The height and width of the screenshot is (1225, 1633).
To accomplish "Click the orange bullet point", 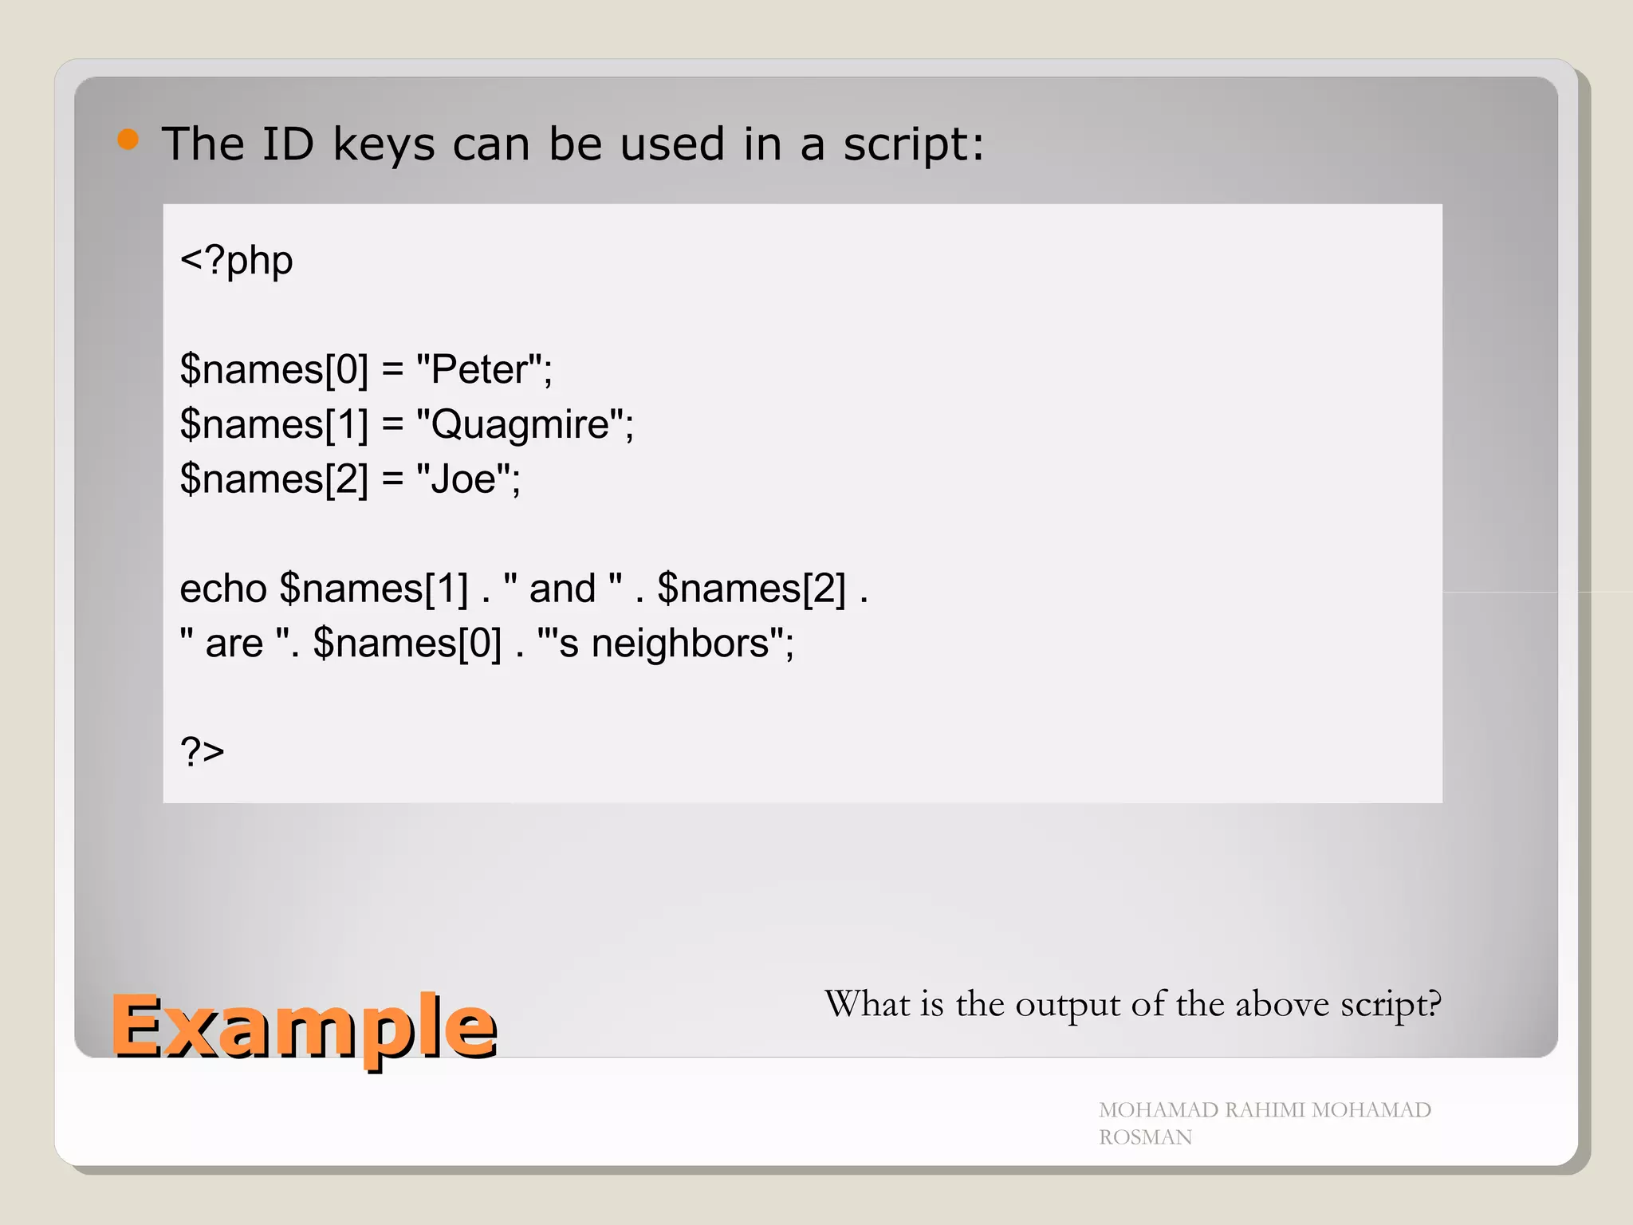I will pyautogui.click(x=128, y=140).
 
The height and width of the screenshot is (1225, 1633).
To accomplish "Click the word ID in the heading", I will pyautogui.click(x=288, y=144).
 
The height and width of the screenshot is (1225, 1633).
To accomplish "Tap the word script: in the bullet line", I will pyautogui.click(x=914, y=146).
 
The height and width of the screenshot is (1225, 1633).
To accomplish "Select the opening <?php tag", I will pyautogui.click(x=237, y=261).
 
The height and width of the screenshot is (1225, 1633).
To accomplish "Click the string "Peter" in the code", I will pyautogui.click(x=479, y=370).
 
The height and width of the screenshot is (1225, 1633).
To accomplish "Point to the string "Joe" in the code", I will pyautogui.click(x=463, y=479).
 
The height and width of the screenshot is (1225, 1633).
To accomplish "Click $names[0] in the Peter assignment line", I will pyautogui.click(x=274, y=370).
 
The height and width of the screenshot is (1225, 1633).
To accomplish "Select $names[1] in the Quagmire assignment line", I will pyautogui.click(x=274, y=424).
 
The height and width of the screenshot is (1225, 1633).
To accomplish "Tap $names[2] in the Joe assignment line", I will pyautogui.click(x=274, y=479).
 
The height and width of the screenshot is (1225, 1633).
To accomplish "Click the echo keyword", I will pyautogui.click(x=223, y=589).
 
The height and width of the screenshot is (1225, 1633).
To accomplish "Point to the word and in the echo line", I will pyautogui.click(x=562, y=589).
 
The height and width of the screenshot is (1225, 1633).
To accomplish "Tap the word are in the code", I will pyautogui.click(x=234, y=644).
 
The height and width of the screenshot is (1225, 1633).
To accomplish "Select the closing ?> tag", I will pyautogui.click(x=203, y=752).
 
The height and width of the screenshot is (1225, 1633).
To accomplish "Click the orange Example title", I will pyautogui.click(x=304, y=1027).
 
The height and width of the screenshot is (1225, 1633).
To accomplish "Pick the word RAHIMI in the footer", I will pyautogui.click(x=1265, y=1110).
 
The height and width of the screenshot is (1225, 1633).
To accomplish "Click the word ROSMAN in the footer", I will pyautogui.click(x=1145, y=1137).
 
